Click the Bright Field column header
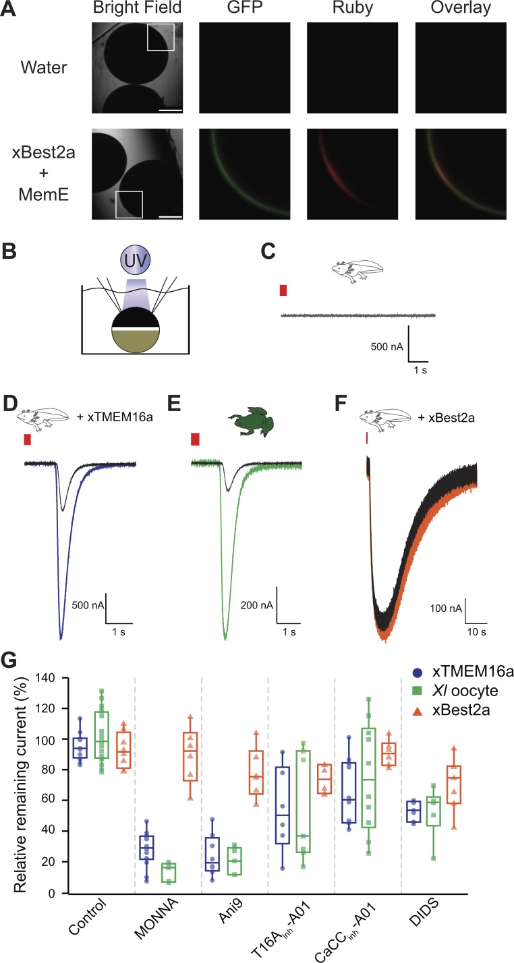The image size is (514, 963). click(138, 10)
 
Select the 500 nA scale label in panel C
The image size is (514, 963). click(387, 347)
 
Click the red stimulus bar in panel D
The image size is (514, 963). click(28, 439)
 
